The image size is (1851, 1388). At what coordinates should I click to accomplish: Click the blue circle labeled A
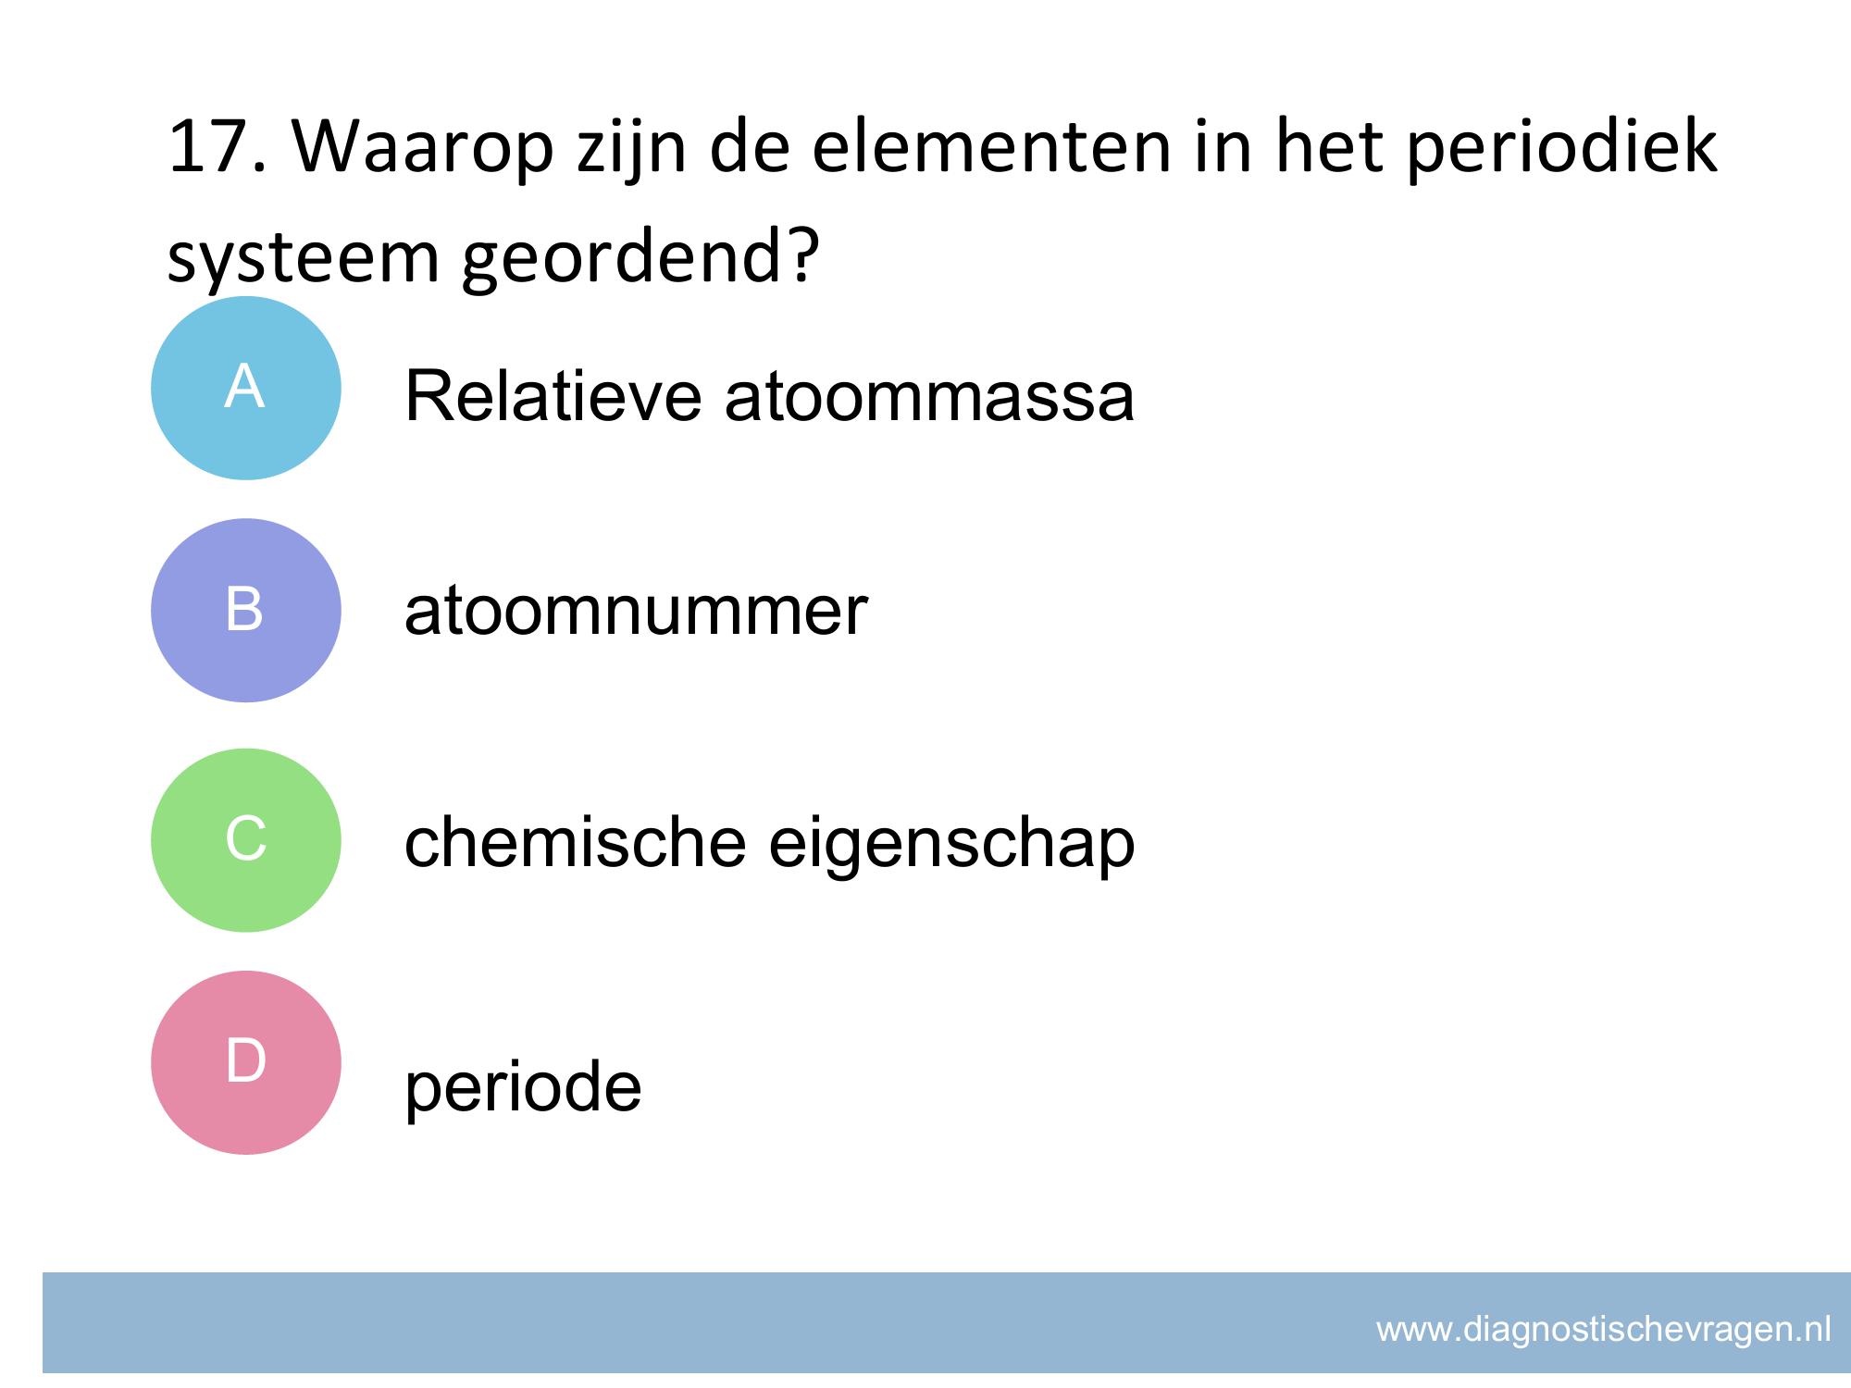(246, 388)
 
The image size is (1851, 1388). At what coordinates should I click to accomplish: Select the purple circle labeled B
(246, 611)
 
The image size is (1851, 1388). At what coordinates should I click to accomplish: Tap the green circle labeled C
(246, 840)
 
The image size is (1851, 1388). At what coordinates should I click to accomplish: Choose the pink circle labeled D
(246, 1062)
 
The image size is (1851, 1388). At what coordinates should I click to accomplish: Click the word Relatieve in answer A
(553, 397)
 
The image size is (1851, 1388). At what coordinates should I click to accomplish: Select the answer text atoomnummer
(636, 612)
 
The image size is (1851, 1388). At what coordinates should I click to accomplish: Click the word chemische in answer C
(575, 842)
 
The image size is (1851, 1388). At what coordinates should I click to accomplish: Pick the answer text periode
(523, 1086)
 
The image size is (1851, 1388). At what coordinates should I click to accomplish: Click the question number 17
(218, 146)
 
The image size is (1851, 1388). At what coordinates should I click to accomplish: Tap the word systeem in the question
(303, 259)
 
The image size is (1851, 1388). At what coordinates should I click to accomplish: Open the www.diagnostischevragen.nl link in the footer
(1604, 1330)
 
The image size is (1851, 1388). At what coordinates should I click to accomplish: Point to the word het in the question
(1329, 146)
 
